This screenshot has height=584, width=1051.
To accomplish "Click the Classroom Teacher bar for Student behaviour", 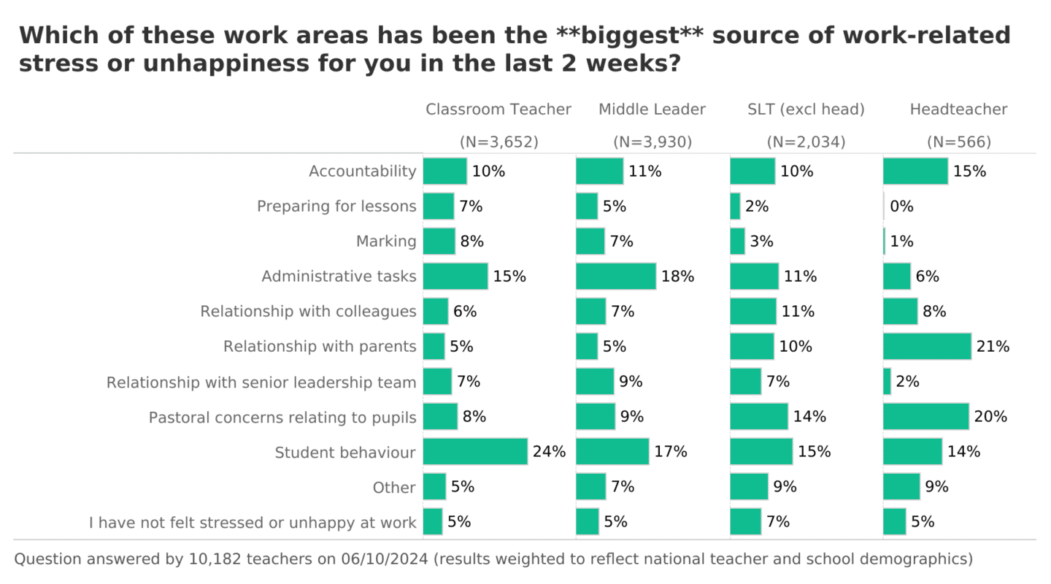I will pyautogui.click(x=475, y=451).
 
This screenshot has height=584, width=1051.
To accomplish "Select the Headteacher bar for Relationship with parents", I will pyautogui.click(x=927, y=346).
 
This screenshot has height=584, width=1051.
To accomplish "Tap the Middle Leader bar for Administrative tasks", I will pyautogui.click(x=615, y=276).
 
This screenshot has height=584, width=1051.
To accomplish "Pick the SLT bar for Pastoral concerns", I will pyautogui.click(x=759, y=416).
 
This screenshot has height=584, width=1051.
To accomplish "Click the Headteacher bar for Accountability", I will pyautogui.click(x=915, y=171).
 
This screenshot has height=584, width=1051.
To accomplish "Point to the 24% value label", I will pyautogui.click(x=549, y=451).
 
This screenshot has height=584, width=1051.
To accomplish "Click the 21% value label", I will pyautogui.click(x=993, y=346).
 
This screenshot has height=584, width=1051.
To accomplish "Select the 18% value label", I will pyautogui.click(x=678, y=276).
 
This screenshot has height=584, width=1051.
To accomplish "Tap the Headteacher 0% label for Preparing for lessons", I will pyautogui.click(x=901, y=206).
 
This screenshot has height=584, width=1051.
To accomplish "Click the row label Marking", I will pyautogui.click(x=386, y=241).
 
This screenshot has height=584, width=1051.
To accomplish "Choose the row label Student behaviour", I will pyautogui.click(x=345, y=453).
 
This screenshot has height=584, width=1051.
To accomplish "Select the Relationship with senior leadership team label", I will pyautogui.click(x=261, y=382).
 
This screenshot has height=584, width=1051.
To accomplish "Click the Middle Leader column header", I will pyautogui.click(x=652, y=109).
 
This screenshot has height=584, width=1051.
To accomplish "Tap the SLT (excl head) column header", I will pyautogui.click(x=806, y=109).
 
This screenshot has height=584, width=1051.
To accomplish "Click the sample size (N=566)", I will pyautogui.click(x=958, y=142).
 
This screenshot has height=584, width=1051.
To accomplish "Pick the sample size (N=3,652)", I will pyautogui.click(x=498, y=142).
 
